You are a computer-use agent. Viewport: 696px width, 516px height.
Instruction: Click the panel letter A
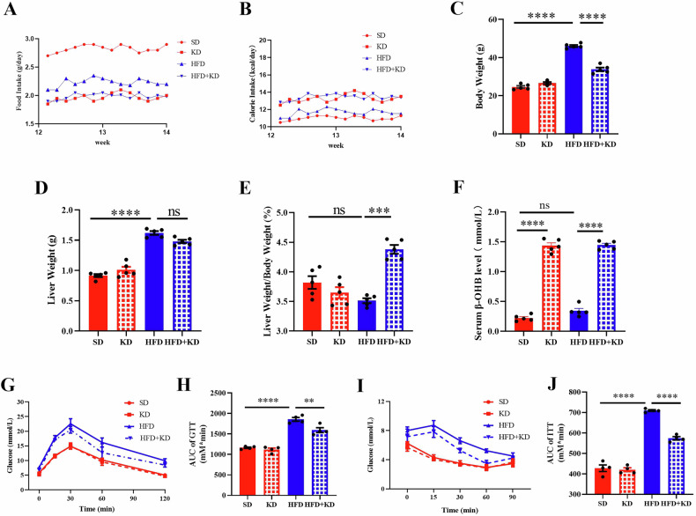(13, 12)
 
